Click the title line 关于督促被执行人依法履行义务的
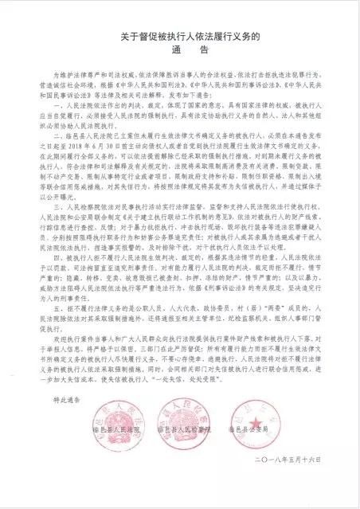[x=180, y=35]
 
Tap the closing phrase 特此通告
[x=72, y=423]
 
